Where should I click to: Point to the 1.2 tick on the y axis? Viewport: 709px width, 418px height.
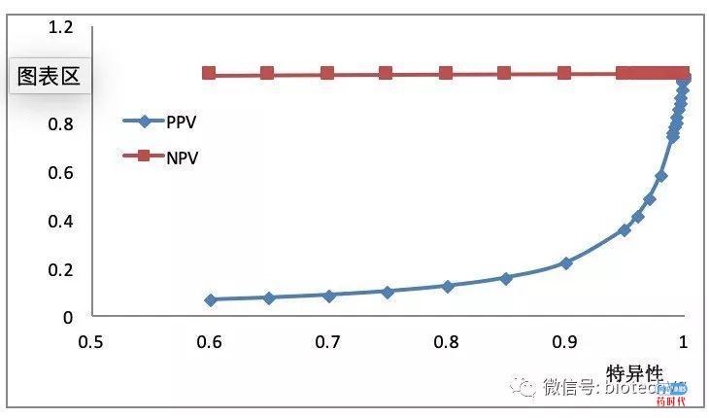[60, 27]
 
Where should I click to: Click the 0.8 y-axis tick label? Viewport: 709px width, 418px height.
[60, 123]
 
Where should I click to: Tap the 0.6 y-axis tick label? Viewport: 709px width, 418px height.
[60, 172]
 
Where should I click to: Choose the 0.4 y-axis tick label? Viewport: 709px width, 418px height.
[60, 221]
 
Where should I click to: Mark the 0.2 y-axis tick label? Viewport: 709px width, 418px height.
[60, 269]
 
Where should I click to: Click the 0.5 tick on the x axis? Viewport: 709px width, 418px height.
[91, 342]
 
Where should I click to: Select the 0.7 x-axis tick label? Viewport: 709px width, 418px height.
[328, 342]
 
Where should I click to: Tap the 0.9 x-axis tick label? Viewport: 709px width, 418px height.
[565, 342]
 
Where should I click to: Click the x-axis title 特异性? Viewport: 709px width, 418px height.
[634, 373]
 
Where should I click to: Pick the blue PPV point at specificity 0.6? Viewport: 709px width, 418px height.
[210, 299]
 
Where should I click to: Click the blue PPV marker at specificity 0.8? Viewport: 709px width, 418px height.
[447, 287]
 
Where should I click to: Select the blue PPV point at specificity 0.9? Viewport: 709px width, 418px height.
[565, 263]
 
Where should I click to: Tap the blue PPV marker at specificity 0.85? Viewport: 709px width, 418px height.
[506, 278]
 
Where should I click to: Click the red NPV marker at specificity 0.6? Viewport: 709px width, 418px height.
[209, 73]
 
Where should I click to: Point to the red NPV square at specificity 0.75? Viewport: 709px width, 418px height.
[387, 73]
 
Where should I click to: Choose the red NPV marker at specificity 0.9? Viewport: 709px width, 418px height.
[564, 73]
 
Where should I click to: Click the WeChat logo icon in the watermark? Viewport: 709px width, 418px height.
[524, 386]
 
